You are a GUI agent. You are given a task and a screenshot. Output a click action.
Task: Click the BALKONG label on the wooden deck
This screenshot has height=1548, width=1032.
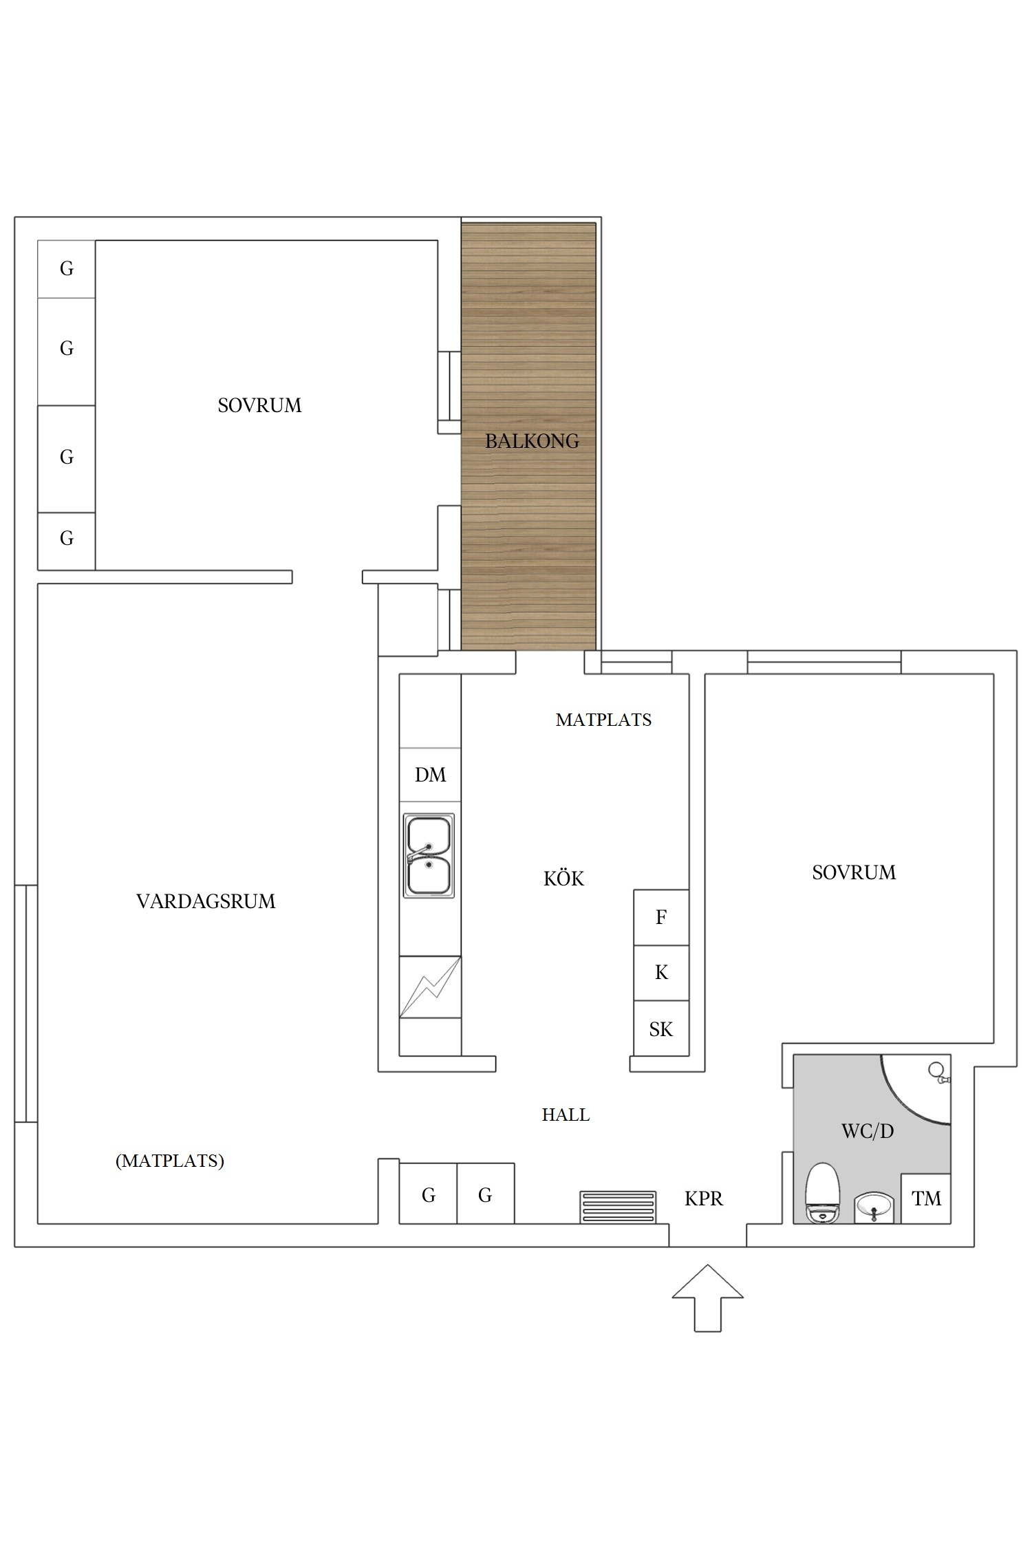point(532,441)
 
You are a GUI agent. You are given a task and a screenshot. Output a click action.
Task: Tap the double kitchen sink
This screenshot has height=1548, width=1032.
point(429,856)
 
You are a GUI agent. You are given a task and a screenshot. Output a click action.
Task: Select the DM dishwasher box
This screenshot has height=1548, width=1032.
point(430,775)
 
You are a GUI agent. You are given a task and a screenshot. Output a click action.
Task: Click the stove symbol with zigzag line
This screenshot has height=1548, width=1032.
point(430,987)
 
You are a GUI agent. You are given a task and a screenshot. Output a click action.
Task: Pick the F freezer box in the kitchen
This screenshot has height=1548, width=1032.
point(661,917)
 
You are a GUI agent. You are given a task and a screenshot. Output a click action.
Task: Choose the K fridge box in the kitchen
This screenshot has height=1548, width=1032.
point(661,972)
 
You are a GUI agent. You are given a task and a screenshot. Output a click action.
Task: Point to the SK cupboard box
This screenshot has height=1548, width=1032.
point(661,1029)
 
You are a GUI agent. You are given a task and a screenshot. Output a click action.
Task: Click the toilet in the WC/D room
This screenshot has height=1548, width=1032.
point(823,1194)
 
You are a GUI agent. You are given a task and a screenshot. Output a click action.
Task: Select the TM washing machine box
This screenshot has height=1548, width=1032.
point(926,1198)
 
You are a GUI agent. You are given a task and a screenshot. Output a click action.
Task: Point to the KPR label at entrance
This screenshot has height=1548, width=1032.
point(704,1198)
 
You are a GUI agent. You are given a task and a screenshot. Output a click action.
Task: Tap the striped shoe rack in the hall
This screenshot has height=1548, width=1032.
point(618,1207)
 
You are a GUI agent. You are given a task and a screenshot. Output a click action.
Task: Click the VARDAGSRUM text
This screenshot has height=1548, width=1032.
point(206,901)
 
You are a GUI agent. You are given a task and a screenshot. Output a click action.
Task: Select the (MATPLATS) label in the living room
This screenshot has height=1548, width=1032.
point(170,1161)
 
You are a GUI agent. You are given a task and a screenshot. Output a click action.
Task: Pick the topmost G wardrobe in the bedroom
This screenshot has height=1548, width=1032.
point(66,269)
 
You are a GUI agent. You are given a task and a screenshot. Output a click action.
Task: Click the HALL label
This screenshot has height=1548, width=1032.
point(566,1115)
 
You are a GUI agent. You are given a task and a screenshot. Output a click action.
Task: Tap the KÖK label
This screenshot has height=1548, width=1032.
point(563,879)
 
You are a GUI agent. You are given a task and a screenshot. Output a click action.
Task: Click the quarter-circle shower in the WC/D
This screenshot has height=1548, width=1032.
point(922,1087)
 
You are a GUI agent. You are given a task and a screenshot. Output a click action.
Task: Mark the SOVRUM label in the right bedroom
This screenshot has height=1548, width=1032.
point(854,872)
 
